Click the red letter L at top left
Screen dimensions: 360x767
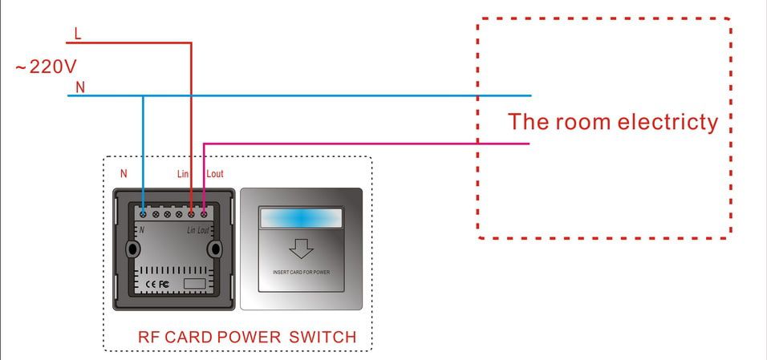(x=77, y=34)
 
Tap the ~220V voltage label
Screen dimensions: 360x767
(x=46, y=67)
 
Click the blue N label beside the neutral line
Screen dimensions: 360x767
(x=79, y=87)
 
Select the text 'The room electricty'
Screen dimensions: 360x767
(x=612, y=122)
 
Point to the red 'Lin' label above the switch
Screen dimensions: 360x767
(x=184, y=173)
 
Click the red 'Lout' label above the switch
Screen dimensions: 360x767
(x=214, y=173)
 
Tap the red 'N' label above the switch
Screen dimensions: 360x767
(x=123, y=173)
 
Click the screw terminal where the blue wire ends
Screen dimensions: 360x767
(x=143, y=213)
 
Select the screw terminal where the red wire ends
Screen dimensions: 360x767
(x=191, y=213)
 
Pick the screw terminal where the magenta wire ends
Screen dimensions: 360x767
(x=204, y=213)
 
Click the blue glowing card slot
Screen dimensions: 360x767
(x=301, y=219)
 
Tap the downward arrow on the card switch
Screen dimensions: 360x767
(x=301, y=249)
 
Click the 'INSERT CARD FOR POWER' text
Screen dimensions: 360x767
(x=301, y=273)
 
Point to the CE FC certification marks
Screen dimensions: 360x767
(x=157, y=284)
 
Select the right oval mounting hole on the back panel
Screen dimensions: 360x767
(x=214, y=249)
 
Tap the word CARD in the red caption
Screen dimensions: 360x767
(x=189, y=337)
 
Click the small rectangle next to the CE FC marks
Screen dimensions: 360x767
(x=193, y=284)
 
